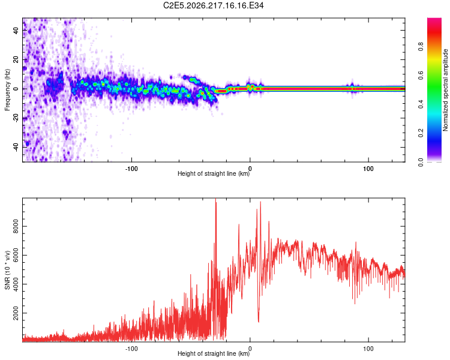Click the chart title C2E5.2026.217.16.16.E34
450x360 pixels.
tap(213, 5)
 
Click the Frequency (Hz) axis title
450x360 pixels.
tap(7, 90)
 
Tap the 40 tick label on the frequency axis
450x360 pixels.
tap(16, 31)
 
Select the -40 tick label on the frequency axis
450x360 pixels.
tap(16, 146)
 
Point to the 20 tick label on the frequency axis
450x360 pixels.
tap(16, 60)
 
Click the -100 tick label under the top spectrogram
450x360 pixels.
tap(131, 169)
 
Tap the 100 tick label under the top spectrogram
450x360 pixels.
tap(368, 169)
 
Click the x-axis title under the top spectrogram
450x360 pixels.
tap(214, 173)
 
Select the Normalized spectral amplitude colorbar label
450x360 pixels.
tap(445, 90)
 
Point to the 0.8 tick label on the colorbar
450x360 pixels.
tap(421, 47)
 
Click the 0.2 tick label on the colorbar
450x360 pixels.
tap(421, 133)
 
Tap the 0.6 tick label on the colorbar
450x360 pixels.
tap(421, 75)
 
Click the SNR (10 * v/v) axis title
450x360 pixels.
tap(7, 270)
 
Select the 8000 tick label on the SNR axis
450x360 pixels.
tap(16, 227)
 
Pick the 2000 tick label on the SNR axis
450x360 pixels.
tap(16, 313)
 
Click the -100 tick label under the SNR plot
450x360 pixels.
tap(131, 349)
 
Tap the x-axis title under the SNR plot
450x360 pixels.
tap(214, 353)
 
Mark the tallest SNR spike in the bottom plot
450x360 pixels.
tap(215, 199)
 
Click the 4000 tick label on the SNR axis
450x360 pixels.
tap(16, 284)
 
